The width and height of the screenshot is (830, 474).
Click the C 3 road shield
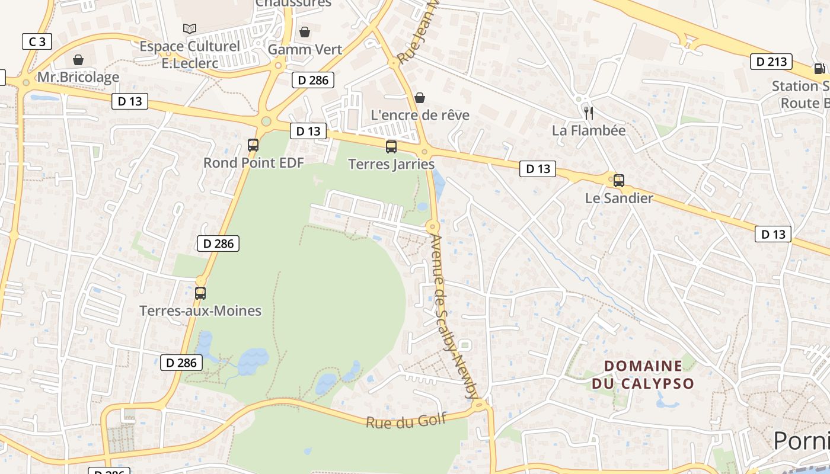[x=37, y=41]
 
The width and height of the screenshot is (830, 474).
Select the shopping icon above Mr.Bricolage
[x=78, y=60]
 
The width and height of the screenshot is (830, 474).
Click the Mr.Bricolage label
[x=78, y=77]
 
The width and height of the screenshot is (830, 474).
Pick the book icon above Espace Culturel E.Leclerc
[x=190, y=28]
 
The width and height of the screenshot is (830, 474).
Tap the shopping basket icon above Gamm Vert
[x=305, y=32]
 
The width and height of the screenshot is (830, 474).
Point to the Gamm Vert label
[x=305, y=49]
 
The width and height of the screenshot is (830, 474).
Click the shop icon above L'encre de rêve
[x=420, y=98]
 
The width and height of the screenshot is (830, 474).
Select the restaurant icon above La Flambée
[x=589, y=113]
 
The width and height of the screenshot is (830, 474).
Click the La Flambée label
[x=589, y=130]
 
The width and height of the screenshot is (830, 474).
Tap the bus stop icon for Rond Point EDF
[x=253, y=145]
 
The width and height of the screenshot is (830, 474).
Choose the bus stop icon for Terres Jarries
[x=391, y=146]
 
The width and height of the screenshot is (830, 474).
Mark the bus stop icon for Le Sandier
[x=619, y=181]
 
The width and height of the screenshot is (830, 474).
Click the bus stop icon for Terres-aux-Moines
[x=200, y=293]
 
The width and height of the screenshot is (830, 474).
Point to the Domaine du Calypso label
[x=643, y=374]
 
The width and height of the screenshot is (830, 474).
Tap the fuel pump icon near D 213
[x=820, y=69]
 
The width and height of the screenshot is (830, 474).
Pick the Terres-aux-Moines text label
[x=200, y=310]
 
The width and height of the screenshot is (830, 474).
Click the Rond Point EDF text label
[x=253, y=162]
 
